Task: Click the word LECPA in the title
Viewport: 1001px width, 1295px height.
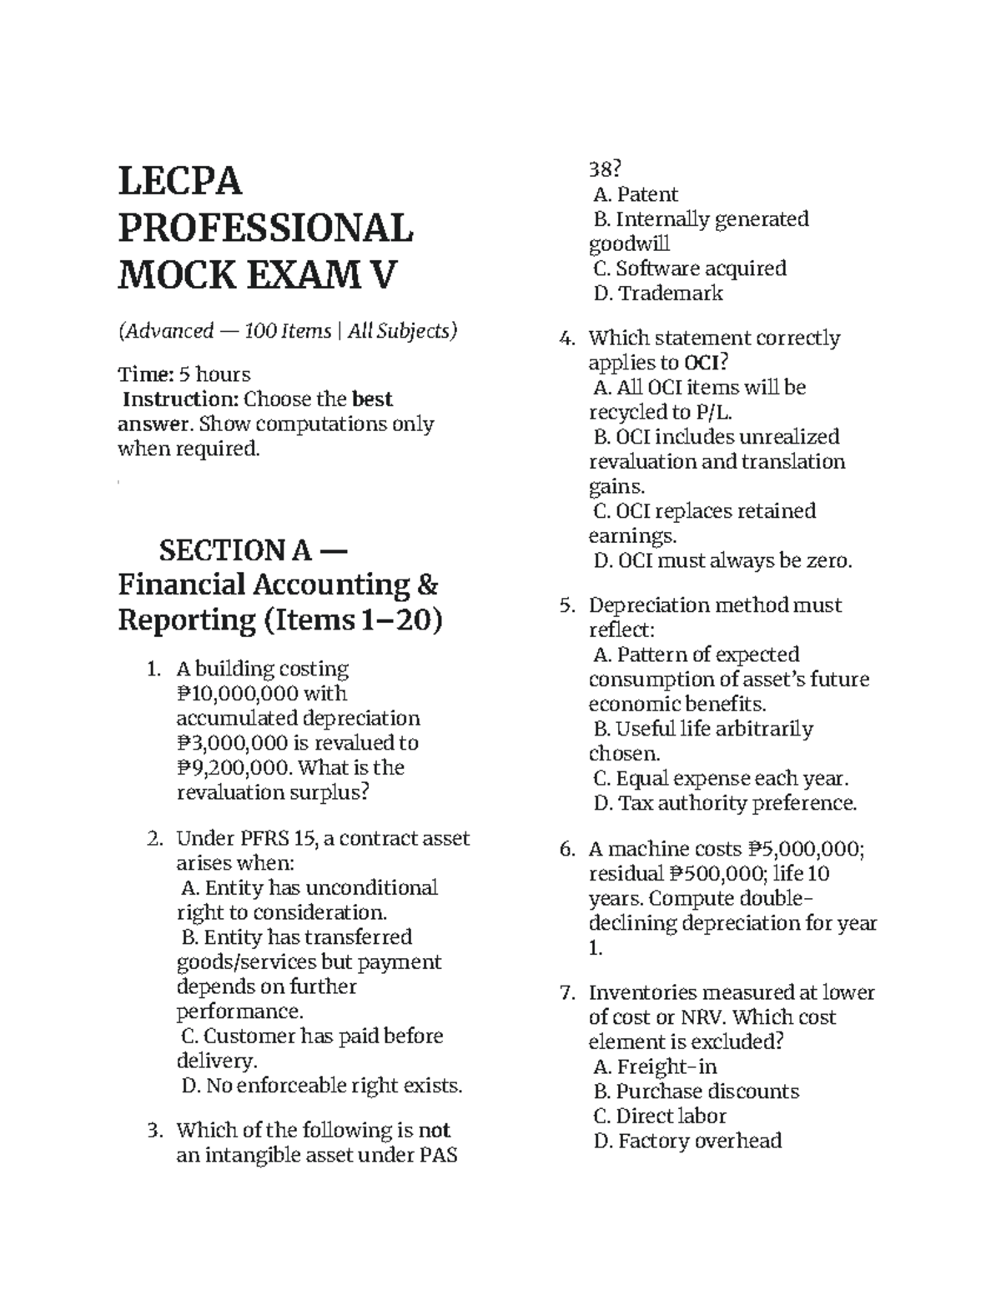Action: [180, 182]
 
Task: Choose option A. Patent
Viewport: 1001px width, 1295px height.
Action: [636, 195]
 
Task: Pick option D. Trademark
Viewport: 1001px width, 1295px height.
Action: [658, 294]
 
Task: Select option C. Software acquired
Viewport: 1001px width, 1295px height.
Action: [690, 269]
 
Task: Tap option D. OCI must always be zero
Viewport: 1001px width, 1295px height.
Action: [722, 561]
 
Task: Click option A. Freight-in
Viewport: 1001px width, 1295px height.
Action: [655, 1067]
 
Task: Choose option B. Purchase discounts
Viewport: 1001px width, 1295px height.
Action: [696, 1092]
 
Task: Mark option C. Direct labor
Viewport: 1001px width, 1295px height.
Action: [660, 1117]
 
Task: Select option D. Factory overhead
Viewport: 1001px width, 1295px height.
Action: [687, 1141]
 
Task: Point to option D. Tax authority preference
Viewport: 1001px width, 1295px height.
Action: [725, 804]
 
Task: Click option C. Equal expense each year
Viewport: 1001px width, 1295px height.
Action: [721, 779]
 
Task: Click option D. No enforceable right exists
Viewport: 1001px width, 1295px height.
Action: [321, 1086]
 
